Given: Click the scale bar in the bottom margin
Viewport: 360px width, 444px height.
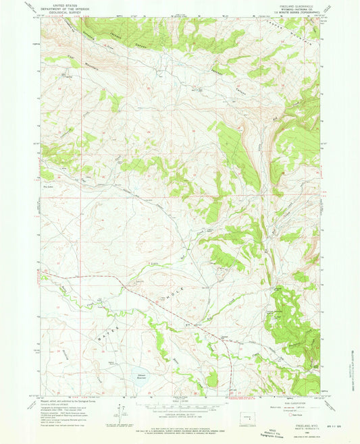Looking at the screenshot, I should (x=180, y=406).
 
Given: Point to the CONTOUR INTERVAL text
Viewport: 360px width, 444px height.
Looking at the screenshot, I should (x=180, y=414).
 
